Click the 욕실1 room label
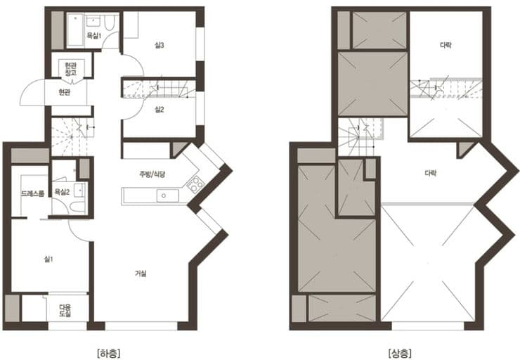(x=93, y=35)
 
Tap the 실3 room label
(x=160, y=45)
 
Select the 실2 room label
(x=160, y=109)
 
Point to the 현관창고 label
(x=71, y=69)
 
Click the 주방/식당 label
(x=152, y=174)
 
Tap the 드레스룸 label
(x=32, y=193)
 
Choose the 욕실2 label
(x=62, y=192)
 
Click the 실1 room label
(x=48, y=259)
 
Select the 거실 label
(x=141, y=274)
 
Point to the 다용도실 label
(x=65, y=311)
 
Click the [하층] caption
(x=109, y=353)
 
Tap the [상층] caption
(x=400, y=353)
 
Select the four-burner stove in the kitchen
(x=195, y=184)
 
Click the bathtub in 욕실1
(x=77, y=30)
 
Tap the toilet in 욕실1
(x=110, y=22)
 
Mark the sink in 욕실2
(x=79, y=190)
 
